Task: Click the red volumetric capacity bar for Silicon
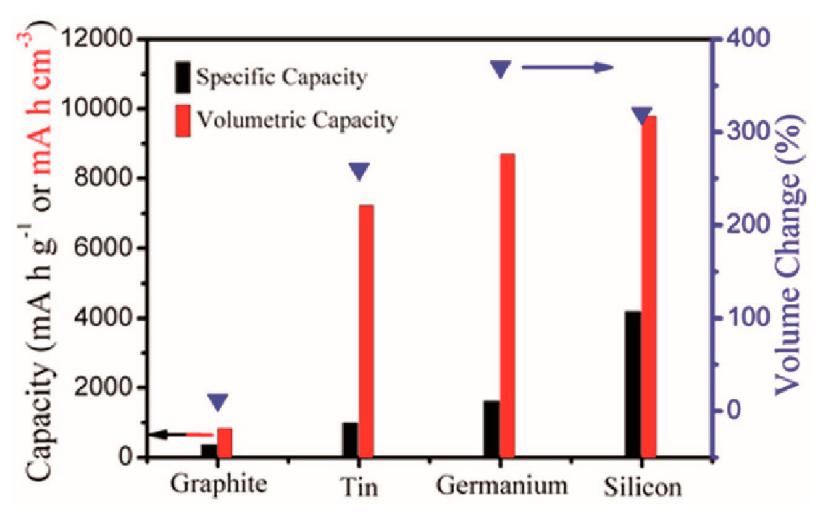tap(649, 286)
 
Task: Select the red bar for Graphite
tap(225, 442)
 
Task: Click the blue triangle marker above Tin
tap(359, 171)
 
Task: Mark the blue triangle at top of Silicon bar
tap(642, 115)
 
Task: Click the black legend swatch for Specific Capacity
tap(182, 77)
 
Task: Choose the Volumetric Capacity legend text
tap(297, 120)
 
